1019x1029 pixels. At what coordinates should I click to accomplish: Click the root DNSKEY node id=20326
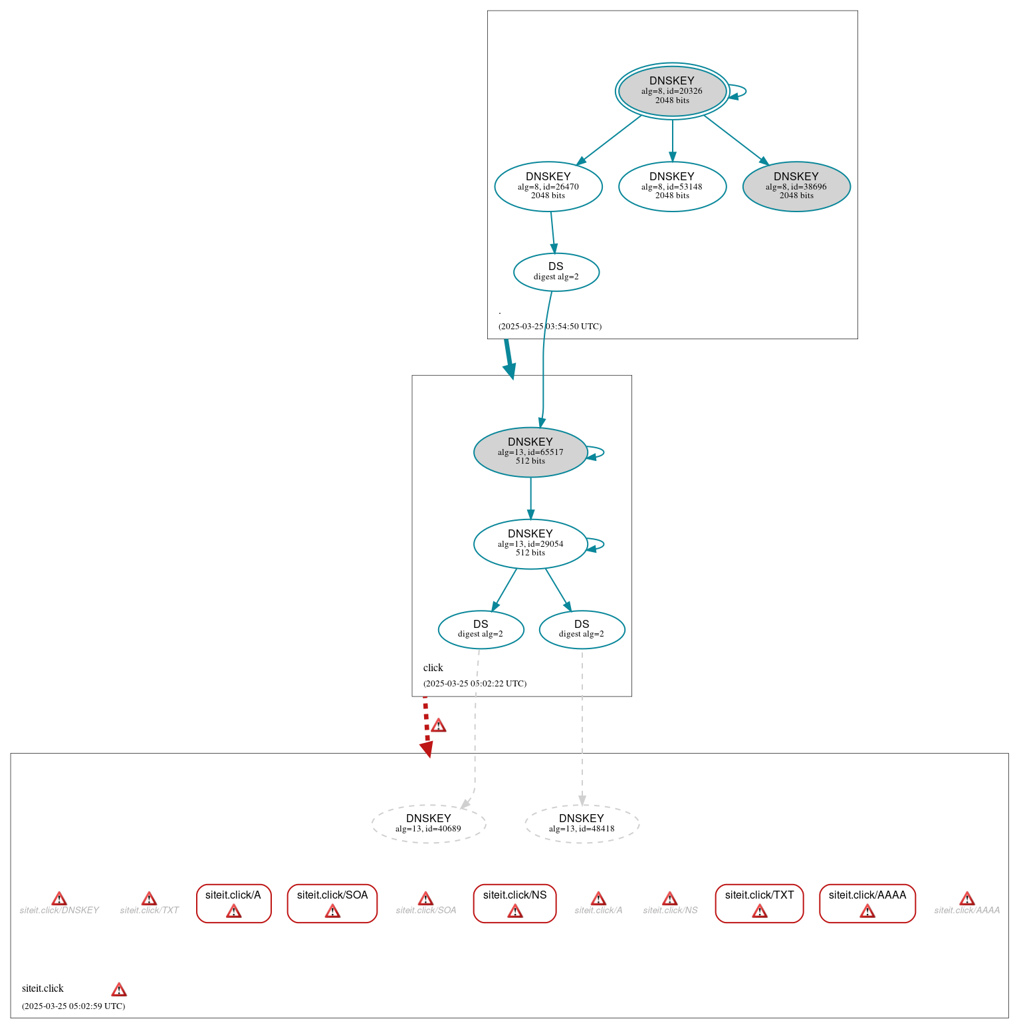[672, 91]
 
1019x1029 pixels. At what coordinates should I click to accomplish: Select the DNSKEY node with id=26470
[548, 186]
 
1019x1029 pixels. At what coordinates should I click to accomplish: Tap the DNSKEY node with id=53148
[672, 186]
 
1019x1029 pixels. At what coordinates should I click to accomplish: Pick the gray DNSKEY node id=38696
[796, 186]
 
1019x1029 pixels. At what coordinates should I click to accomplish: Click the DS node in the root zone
[556, 271]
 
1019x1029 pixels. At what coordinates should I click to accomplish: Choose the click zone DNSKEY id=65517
[530, 452]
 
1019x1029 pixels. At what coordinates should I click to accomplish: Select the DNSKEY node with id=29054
[530, 543]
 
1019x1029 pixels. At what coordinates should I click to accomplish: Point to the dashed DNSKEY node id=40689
[429, 823]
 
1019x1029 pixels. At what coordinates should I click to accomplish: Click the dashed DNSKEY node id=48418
[582, 823]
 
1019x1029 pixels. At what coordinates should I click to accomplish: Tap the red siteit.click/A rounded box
[233, 903]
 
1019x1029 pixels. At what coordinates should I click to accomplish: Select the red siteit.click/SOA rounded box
[332, 903]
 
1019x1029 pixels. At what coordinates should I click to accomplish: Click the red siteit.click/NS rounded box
[514, 903]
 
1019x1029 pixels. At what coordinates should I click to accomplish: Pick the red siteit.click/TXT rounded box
[759, 903]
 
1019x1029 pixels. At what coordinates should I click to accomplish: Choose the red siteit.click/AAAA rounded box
[867, 903]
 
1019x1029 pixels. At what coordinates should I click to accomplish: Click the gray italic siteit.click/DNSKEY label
[59, 910]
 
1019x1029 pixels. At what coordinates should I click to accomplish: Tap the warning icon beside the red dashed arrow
[439, 726]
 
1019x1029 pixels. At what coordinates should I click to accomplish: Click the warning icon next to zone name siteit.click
[119, 989]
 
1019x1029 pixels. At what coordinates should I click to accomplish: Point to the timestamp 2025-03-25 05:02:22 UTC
[475, 683]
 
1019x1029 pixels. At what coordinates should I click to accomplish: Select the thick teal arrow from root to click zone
[509, 359]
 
